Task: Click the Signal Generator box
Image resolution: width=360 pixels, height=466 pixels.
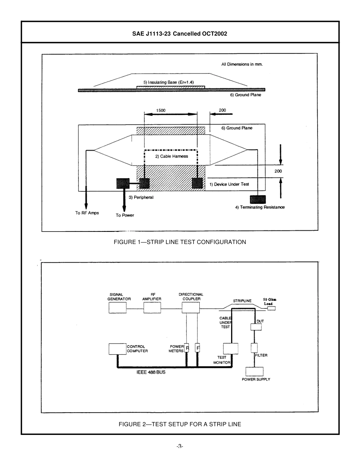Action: coord(117,308)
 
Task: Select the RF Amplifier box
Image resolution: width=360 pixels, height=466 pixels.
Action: coord(152,308)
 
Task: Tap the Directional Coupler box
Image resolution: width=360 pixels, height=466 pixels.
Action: coord(191,307)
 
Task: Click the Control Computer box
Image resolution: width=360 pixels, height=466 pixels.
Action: coord(117,349)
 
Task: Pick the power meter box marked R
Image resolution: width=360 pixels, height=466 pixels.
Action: coord(187,348)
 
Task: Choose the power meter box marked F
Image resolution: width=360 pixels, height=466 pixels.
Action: coord(197,348)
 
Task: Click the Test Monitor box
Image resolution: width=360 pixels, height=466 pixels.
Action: coord(230,349)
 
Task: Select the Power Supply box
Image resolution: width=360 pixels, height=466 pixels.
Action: coord(254,371)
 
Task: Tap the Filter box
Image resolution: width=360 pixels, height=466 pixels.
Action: coord(254,347)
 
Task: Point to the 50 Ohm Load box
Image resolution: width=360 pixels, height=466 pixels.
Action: coord(271,308)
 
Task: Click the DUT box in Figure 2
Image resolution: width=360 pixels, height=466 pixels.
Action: coord(256,327)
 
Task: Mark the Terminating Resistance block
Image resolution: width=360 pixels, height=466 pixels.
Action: coord(258,199)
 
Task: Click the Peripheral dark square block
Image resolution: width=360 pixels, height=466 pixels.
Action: coord(123,184)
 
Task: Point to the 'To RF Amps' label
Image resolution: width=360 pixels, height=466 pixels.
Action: coord(87,213)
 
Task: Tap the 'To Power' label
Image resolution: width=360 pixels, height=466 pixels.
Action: coord(125,215)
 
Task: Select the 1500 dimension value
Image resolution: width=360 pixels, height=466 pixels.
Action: coord(161,110)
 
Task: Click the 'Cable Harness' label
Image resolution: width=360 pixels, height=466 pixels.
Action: coord(171,156)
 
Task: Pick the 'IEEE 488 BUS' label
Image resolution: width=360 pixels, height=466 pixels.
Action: coord(151,372)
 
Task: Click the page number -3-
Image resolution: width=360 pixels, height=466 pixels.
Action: coord(180,446)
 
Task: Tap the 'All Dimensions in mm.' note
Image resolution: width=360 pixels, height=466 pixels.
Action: coord(242,64)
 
